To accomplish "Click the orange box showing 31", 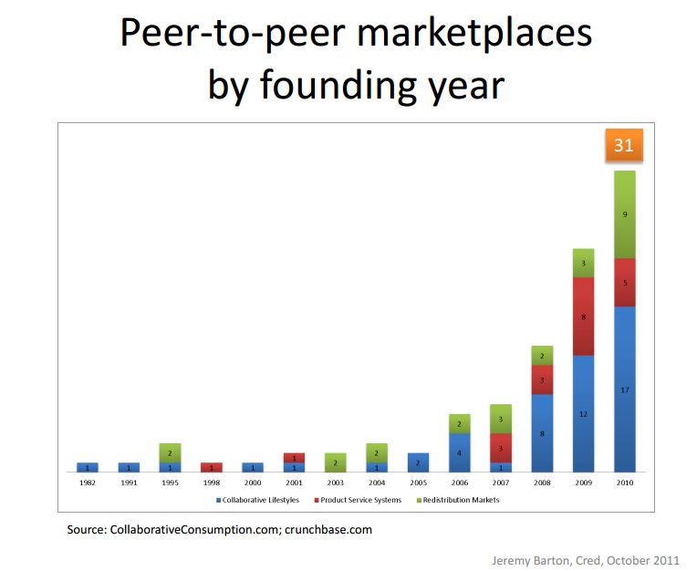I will click(624, 145).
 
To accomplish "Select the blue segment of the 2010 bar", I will click(624, 389).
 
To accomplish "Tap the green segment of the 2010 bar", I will click(624, 214).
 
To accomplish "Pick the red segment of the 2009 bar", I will click(583, 316).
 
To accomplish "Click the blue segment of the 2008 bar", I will click(542, 432).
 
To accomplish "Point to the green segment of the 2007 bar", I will click(500, 419).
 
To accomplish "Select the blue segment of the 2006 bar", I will click(459, 452).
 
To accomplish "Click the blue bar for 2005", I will click(418, 462).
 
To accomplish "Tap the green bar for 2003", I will click(335, 462).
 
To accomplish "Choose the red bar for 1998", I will click(211, 467).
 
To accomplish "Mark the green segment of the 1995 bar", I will click(170, 452).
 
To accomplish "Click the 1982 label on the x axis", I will click(88, 482).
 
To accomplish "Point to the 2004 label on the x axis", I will click(377, 482).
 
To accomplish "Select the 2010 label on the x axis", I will click(624, 482).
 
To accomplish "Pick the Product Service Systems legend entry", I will click(359, 500).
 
